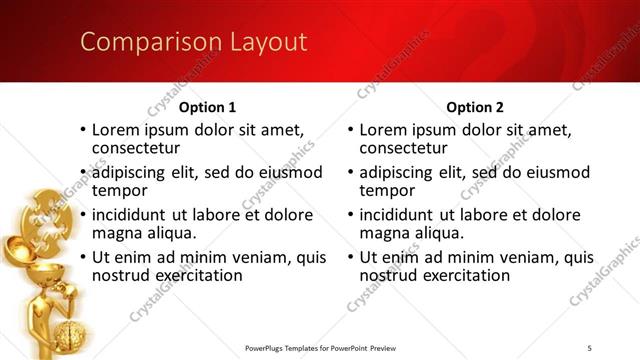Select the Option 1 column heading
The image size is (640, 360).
click(208, 107)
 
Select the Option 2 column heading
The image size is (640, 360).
click(476, 107)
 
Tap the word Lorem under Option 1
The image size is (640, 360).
click(115, 130)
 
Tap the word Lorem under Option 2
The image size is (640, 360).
click(382, 130)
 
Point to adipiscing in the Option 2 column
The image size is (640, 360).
click(400, 172)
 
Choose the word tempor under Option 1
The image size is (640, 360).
click(119, 189)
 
